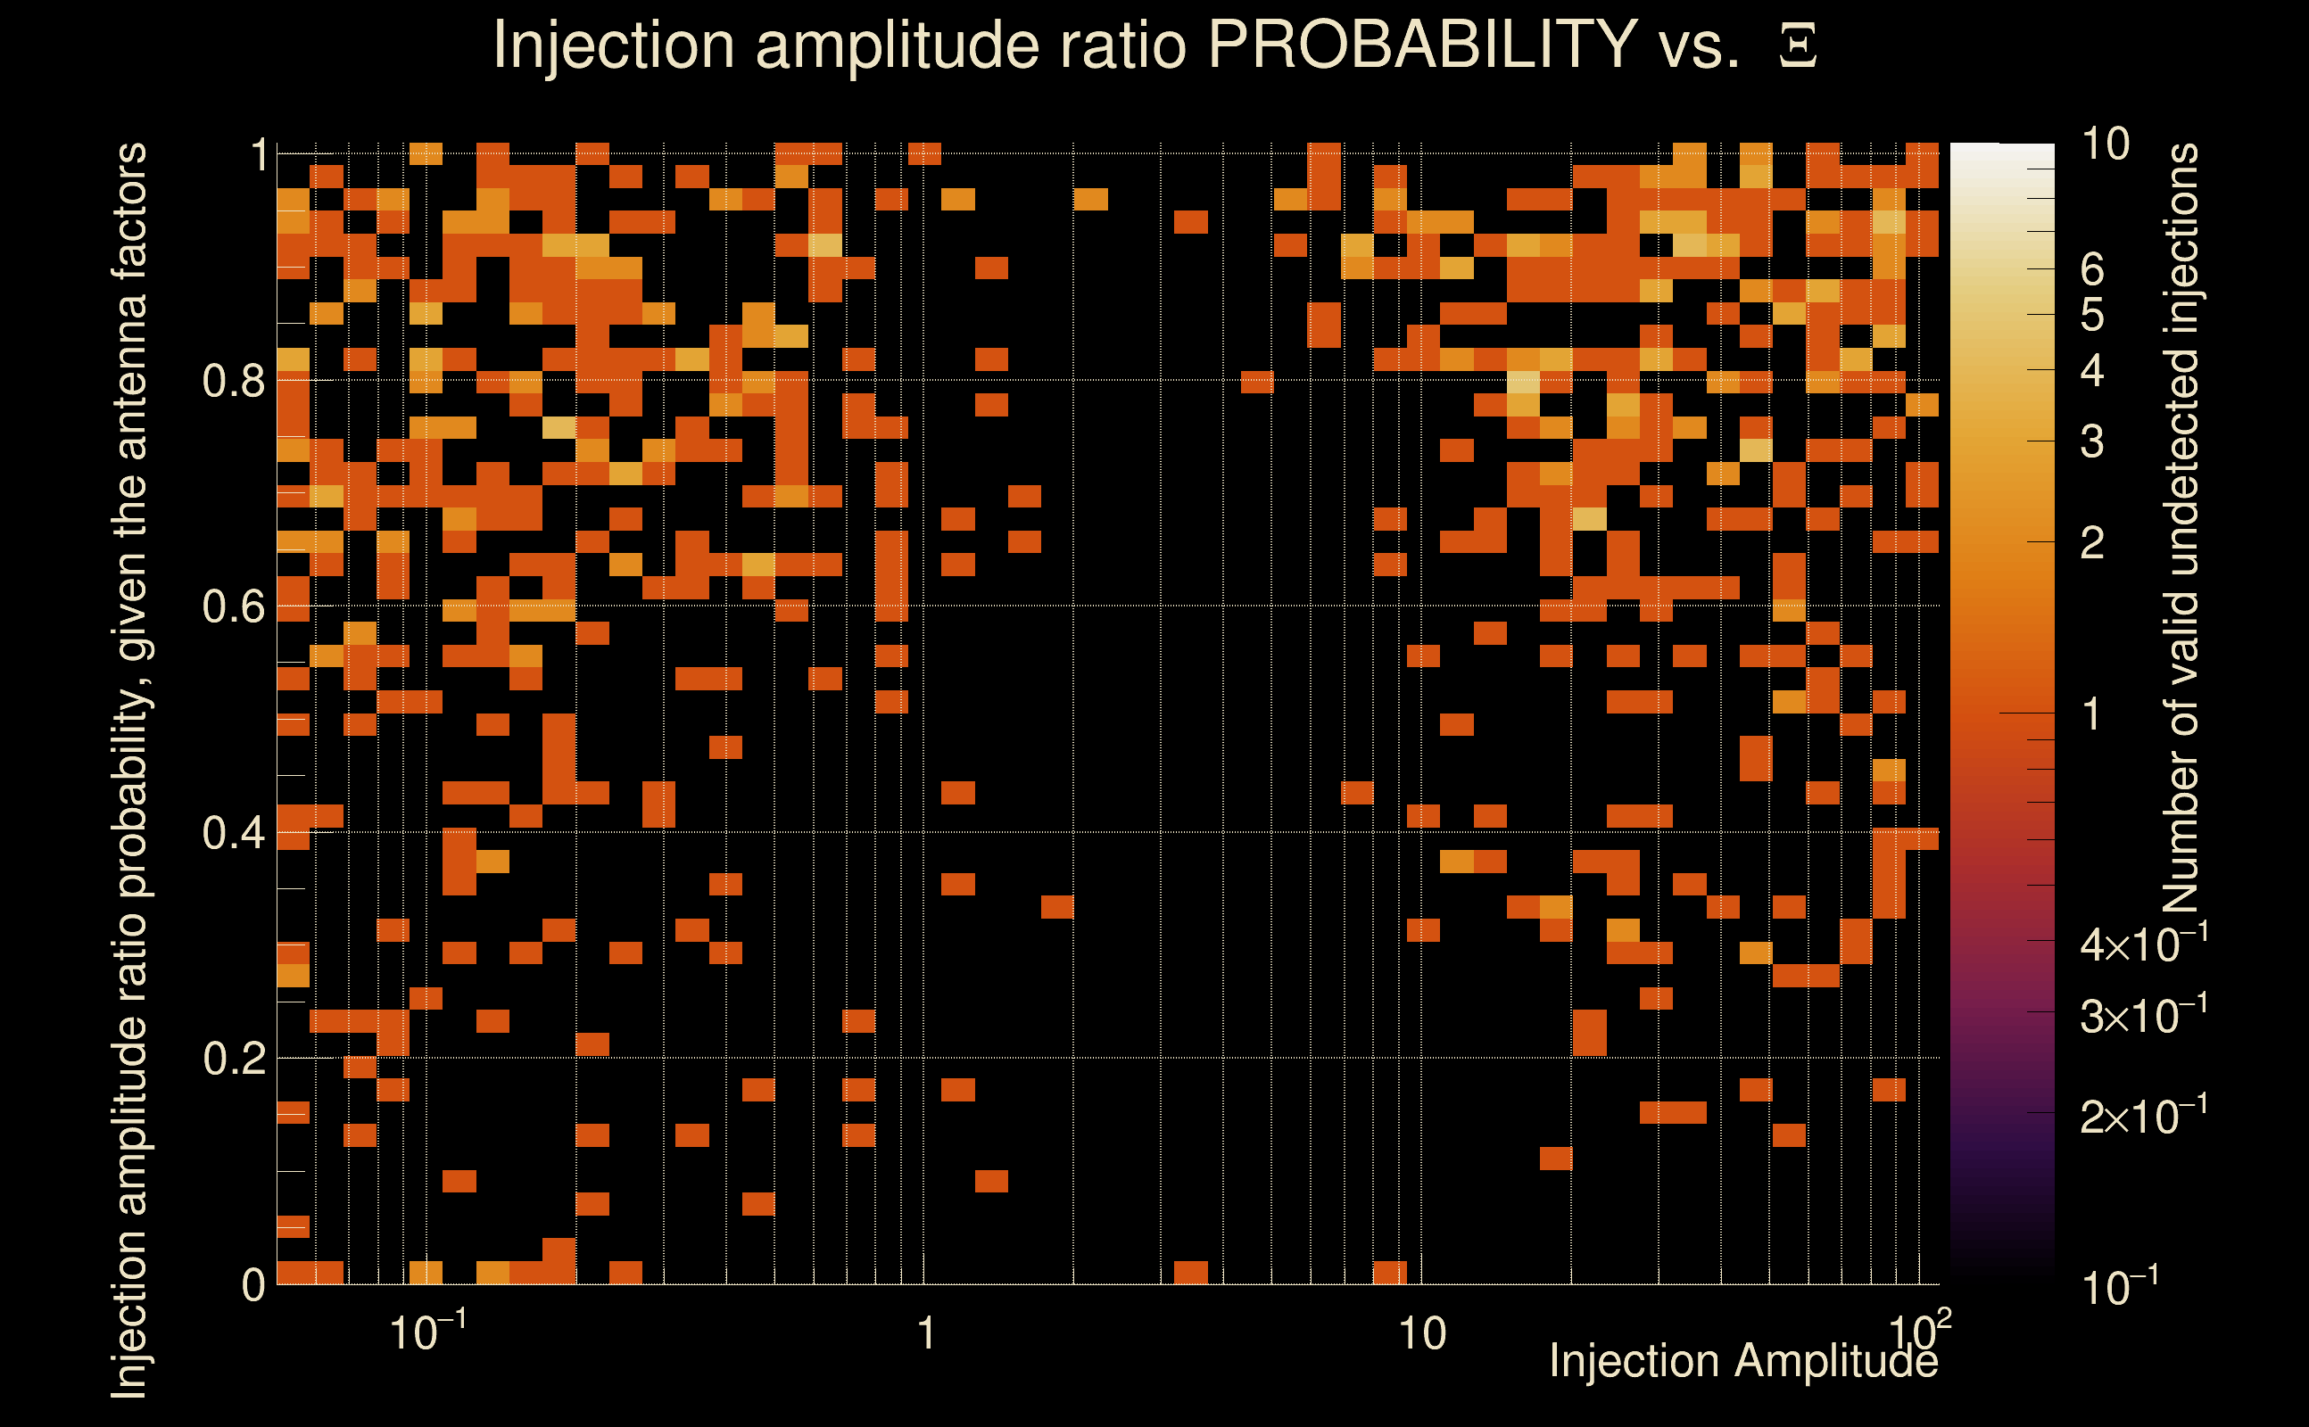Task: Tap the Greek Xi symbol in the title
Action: pos(1798,46)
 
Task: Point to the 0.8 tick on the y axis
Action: pos(233,382)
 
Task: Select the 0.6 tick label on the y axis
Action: pos(233,606)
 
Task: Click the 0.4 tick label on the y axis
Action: pos(233,833)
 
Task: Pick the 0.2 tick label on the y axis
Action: pos(233,1059)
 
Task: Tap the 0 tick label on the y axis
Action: pos(253,1285)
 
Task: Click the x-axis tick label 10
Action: pos(1421,1334)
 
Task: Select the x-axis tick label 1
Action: pos(926,1334)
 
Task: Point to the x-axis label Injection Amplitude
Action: pos(1743,1361)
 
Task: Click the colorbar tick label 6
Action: pos(2092,270)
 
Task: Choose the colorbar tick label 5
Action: pos(2092,315)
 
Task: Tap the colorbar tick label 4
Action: pos(2092,371)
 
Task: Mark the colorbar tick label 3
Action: pos(2092,441)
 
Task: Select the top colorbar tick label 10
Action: pos(2105,144)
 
